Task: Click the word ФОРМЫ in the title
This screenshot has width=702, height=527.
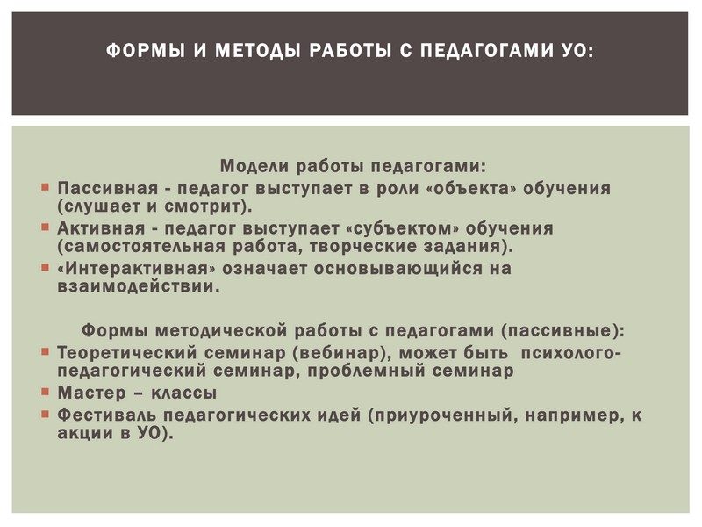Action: pos(146,50)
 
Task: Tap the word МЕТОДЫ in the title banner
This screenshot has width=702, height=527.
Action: pos(257,50)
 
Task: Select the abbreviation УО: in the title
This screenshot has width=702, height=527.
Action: pos(577,50)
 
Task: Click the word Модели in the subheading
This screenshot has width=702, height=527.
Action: pos(254,166)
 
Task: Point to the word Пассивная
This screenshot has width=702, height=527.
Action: pos(107,188)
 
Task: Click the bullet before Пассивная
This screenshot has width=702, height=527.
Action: pos(45,186)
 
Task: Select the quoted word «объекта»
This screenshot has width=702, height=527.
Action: pos(472,188)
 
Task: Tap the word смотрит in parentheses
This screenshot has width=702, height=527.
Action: pos(205,206)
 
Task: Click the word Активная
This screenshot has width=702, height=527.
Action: pos(101,228)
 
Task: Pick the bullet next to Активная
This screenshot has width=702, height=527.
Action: pos(45,227)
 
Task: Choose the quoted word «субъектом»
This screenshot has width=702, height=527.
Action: pos(403,228)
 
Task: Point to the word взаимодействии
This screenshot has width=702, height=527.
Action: pos(139,287)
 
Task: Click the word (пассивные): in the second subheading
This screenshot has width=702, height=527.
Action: pos(562,331)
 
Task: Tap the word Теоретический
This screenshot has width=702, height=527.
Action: pos(126,353)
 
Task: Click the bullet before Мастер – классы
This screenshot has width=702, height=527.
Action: pos(45,391)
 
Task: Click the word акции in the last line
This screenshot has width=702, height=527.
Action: pos(85,433)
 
